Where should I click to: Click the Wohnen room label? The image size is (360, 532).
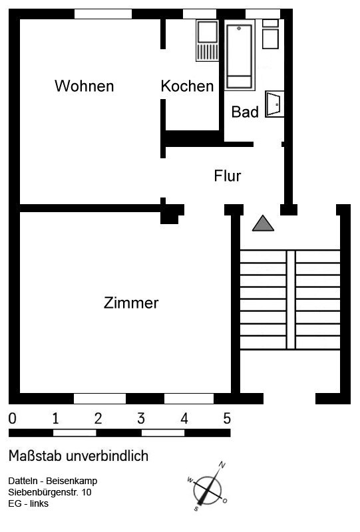pos(85,86)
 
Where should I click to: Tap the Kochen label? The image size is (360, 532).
pos(187,86)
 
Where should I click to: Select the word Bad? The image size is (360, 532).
pos(245,112)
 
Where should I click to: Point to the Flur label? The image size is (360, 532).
pos(227,176)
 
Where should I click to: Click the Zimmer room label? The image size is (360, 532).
pos(131,303)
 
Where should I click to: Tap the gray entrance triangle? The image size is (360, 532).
pos(263,223)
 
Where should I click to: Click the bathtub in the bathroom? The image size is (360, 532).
pos(240,55)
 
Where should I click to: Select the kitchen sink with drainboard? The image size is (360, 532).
pos(207,41)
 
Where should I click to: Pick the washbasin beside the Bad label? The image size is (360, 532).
pos(274,104)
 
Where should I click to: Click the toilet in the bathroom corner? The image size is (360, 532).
pos(270,35)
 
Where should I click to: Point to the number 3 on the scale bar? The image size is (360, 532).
pos(141,418)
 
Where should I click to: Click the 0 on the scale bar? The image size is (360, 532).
pos(12,418)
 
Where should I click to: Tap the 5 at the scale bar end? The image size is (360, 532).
pos(227,418)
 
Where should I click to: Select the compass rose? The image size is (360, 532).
pos(207,486)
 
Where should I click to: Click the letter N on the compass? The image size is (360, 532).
pos(222,464)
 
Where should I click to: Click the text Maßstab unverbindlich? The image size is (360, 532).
pos(79,456)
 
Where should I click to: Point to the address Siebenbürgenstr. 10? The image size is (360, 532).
pos(50,492)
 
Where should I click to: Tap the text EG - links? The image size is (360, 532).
pos(28,503)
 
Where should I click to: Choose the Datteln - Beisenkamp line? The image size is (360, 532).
pos(53,481)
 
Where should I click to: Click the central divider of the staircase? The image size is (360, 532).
pos(291,300)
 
